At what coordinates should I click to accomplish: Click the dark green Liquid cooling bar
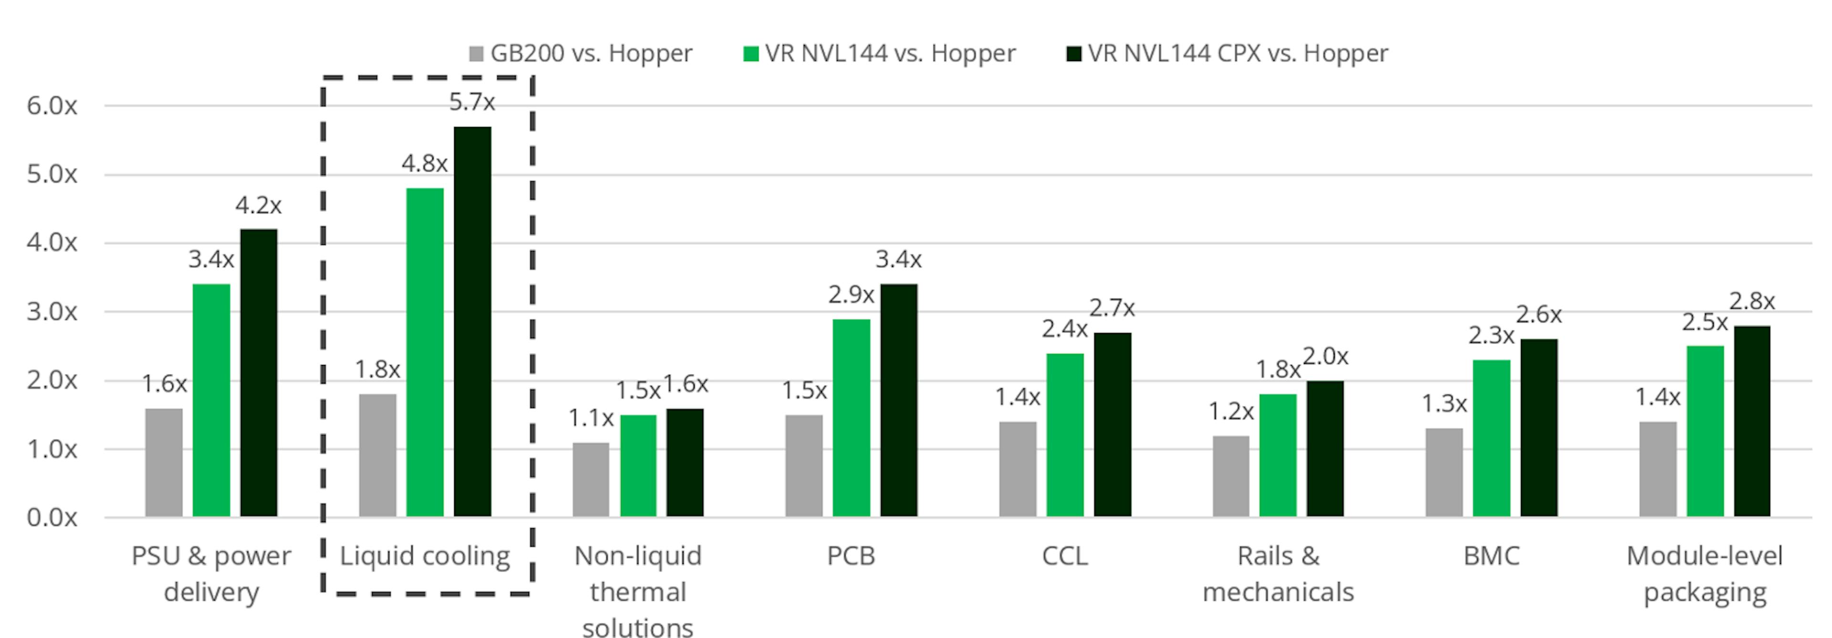pos(472,322)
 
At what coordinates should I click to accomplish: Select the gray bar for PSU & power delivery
pos(164,462)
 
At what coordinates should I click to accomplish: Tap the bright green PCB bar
pos(851,418)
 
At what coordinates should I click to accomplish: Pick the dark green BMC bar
pos(1539,428)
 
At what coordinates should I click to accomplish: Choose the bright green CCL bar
pos(1065,435)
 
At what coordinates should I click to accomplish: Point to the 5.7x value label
pos(471,103)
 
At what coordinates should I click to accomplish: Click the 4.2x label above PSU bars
pos(258,206)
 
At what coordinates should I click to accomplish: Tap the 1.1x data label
pos(590,418)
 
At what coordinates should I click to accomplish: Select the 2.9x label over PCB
pos(851,294)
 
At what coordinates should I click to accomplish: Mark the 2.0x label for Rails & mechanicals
pos(1325,356)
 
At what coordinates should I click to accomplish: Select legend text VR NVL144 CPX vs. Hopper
pos(1238,53)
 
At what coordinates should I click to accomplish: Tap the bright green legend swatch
pos(750,53)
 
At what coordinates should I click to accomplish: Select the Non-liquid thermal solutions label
pos(638,592)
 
